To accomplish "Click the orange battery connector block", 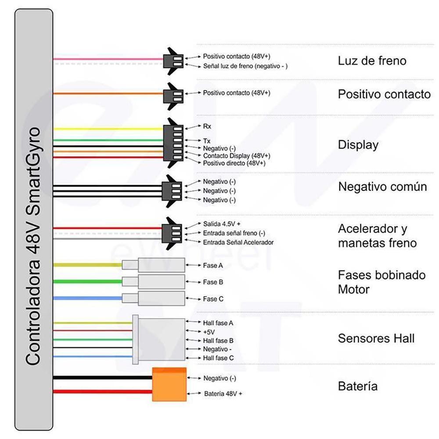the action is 169,384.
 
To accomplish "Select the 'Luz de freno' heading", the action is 372,61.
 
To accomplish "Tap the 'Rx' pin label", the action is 207,126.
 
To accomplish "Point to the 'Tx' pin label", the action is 207,140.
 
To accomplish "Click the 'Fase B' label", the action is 213,282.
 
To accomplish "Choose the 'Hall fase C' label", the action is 218,358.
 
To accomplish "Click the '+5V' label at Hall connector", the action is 209,332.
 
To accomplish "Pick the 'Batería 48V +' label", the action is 223,394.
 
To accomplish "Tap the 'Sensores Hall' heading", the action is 376,338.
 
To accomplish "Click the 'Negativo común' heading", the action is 382,187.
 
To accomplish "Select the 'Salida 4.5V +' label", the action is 222,224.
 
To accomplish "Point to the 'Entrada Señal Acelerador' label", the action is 238,242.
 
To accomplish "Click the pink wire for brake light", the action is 108,59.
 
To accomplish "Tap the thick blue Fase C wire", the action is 88,298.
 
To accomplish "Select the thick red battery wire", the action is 102,392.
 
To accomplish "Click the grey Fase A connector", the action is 153,265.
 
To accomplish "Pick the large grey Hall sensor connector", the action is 159,339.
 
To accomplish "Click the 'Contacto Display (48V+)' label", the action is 237,156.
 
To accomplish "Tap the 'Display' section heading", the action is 358,145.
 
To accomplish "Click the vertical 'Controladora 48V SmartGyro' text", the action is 33,246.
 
